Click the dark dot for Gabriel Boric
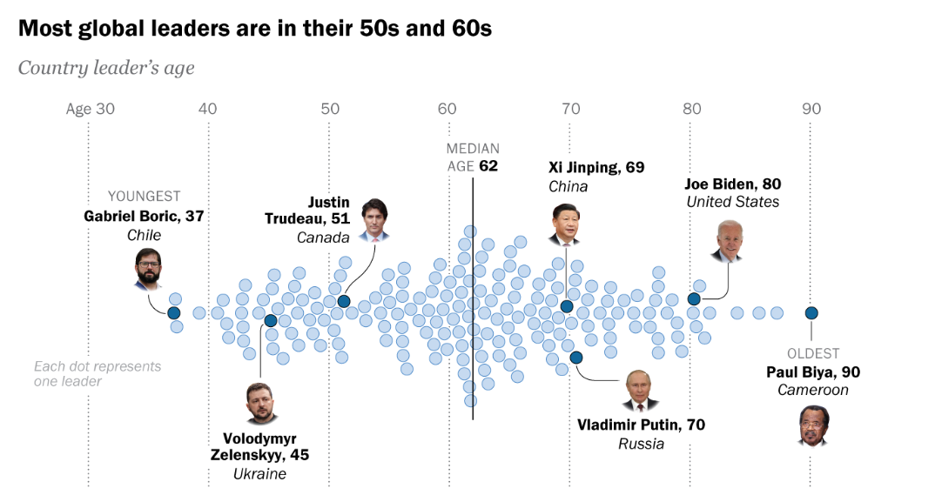(174, 313)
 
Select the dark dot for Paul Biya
(811, 313)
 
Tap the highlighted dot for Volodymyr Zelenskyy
(270, 321)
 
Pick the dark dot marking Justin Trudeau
(344, 302)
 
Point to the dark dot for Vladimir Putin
(576, 357)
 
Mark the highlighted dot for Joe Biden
(694, 299)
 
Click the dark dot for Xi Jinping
(567, 306)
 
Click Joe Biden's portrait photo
(728, 241)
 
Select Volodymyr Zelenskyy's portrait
(259, 404)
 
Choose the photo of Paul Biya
(813, 426)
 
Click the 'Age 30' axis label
(91, 110)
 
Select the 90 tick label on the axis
(811, 110)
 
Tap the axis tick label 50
(329, 110)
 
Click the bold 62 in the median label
(488, 166)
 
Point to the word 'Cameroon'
(812, 390)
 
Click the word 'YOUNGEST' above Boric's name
(144, 197)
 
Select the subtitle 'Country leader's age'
(106, 68)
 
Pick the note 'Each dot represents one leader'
(98, 373)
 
